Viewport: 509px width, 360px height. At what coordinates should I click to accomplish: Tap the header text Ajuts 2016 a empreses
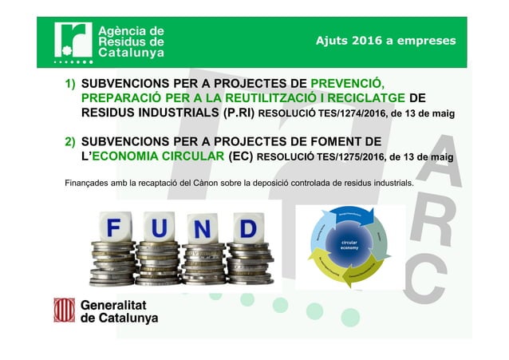(x=385, y=40)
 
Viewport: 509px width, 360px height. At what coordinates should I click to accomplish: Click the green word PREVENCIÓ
(x=347, y=83)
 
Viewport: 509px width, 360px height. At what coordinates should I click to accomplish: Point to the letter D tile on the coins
(x=247, y=230)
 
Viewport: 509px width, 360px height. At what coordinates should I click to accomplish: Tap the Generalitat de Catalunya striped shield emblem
(x=64, y=310)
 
